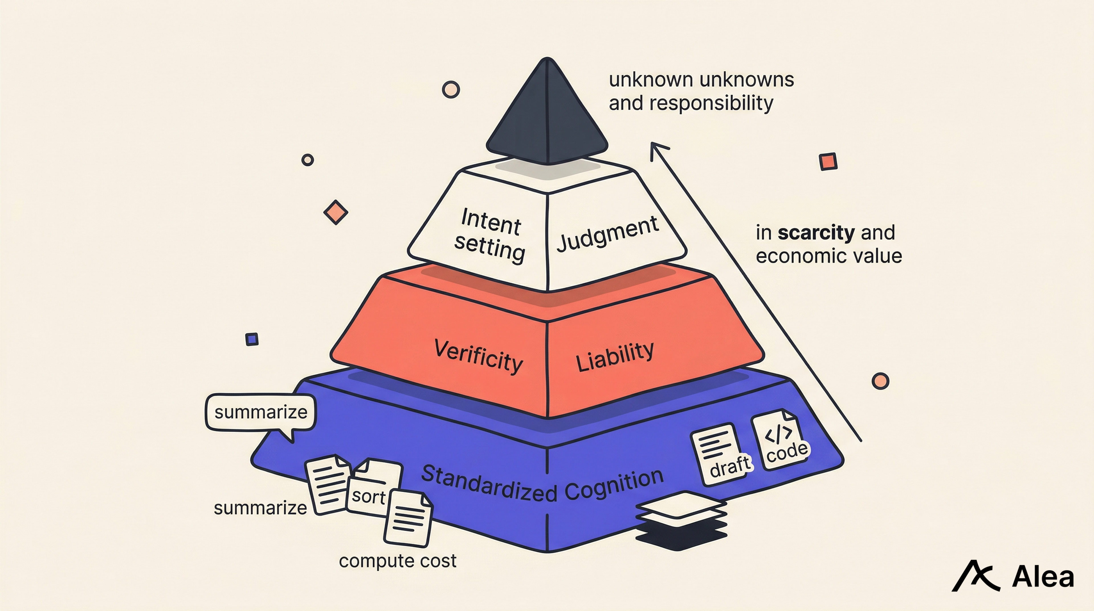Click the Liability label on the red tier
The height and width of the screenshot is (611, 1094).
[x=615, y=357]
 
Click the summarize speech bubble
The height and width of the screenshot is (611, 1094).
[x=261, y=413]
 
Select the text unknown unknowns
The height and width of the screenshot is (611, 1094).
[x=701, y=80]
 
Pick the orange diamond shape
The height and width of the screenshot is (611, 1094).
[x=336, y=212]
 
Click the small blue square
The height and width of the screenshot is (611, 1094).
[x=252, y=339]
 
